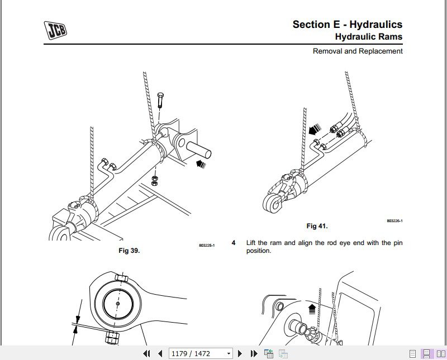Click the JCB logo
coord(56,29)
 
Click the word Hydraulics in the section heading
coord(375,24)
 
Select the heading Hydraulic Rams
coord(368,37)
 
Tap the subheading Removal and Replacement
coord(358,51)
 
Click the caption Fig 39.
coord(129,251)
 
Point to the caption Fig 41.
coord(317,226)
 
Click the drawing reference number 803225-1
coord(206,245)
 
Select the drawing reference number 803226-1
coord(394,221)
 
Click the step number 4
coord(234,243)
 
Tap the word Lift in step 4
coord(253,243)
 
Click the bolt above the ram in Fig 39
coord(160,100)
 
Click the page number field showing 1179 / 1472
coord(201,353)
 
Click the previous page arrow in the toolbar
coord(160,353)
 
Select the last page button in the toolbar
coord(254,353)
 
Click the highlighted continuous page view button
coord(426,353)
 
